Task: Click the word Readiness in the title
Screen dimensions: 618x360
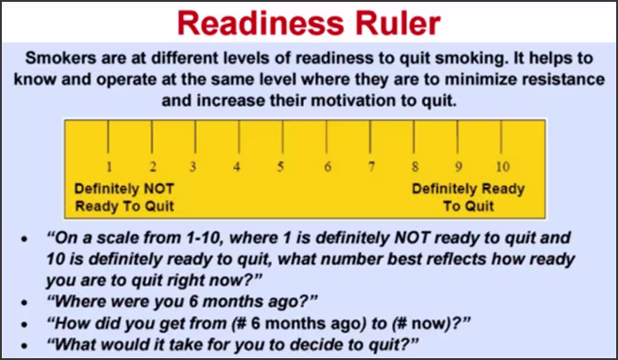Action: tap(260, 23)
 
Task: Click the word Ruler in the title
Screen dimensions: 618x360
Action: tap(398, 23)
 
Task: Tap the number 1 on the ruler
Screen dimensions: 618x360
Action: tap(109, 167)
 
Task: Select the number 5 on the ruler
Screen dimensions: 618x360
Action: tap(280, 167)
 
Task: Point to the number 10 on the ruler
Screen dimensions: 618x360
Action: tap(502, 167)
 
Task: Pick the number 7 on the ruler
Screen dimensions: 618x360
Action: tap(372, 167)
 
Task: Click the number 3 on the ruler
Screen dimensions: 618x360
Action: tap(192, 167)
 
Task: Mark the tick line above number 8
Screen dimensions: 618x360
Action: tap(414, 137)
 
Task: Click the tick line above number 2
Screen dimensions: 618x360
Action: tap(152, 137)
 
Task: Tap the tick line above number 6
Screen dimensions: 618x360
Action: tap(327, 137)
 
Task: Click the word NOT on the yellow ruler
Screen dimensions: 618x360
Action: tap(159, 189)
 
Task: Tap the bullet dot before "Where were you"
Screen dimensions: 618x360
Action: tap(25, 303)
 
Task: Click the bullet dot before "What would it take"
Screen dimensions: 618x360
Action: tap(25, 345)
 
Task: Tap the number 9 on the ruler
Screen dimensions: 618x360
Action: tap(458, 167)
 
